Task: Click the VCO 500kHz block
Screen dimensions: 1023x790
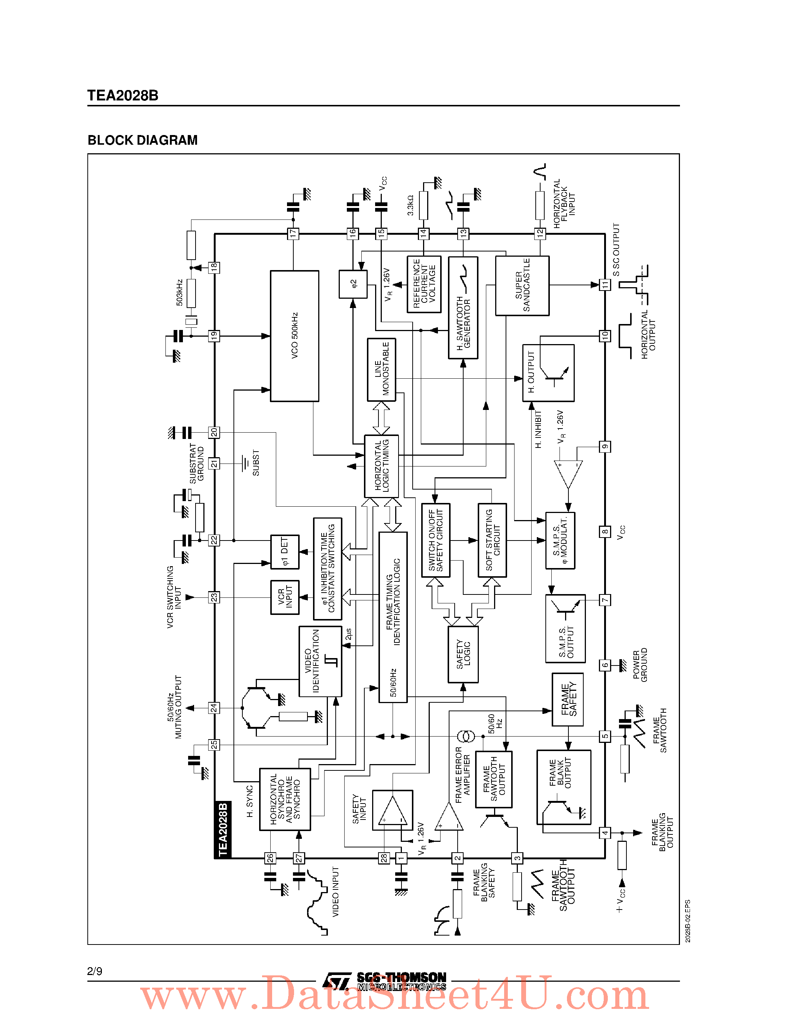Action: click(x=294, y=336)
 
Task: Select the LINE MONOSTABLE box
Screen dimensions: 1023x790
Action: click(x=381, y=369)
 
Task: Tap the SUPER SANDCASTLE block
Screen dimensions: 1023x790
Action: click(x=522, y=285)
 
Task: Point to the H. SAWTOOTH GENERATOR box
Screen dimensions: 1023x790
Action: click(x=463, y=308)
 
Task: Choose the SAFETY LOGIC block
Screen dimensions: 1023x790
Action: click(x=463, y=654)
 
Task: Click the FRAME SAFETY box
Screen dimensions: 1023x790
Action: click(x=568, y=699)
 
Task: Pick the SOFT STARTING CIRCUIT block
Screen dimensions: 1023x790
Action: click(x=492, y=540)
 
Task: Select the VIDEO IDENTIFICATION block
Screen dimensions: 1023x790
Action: click(x=320, y=661)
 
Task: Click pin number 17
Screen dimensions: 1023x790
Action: click(x=293, y=233)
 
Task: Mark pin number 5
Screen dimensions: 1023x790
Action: click(x=605, y=736)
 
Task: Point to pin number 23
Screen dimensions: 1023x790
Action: click(x=214, y=597)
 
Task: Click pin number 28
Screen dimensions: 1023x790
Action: click(x=384, y=858)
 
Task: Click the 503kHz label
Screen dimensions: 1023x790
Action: click(x=180, y=293)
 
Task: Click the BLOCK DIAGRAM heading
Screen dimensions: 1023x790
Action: click(x=143, y=140)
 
